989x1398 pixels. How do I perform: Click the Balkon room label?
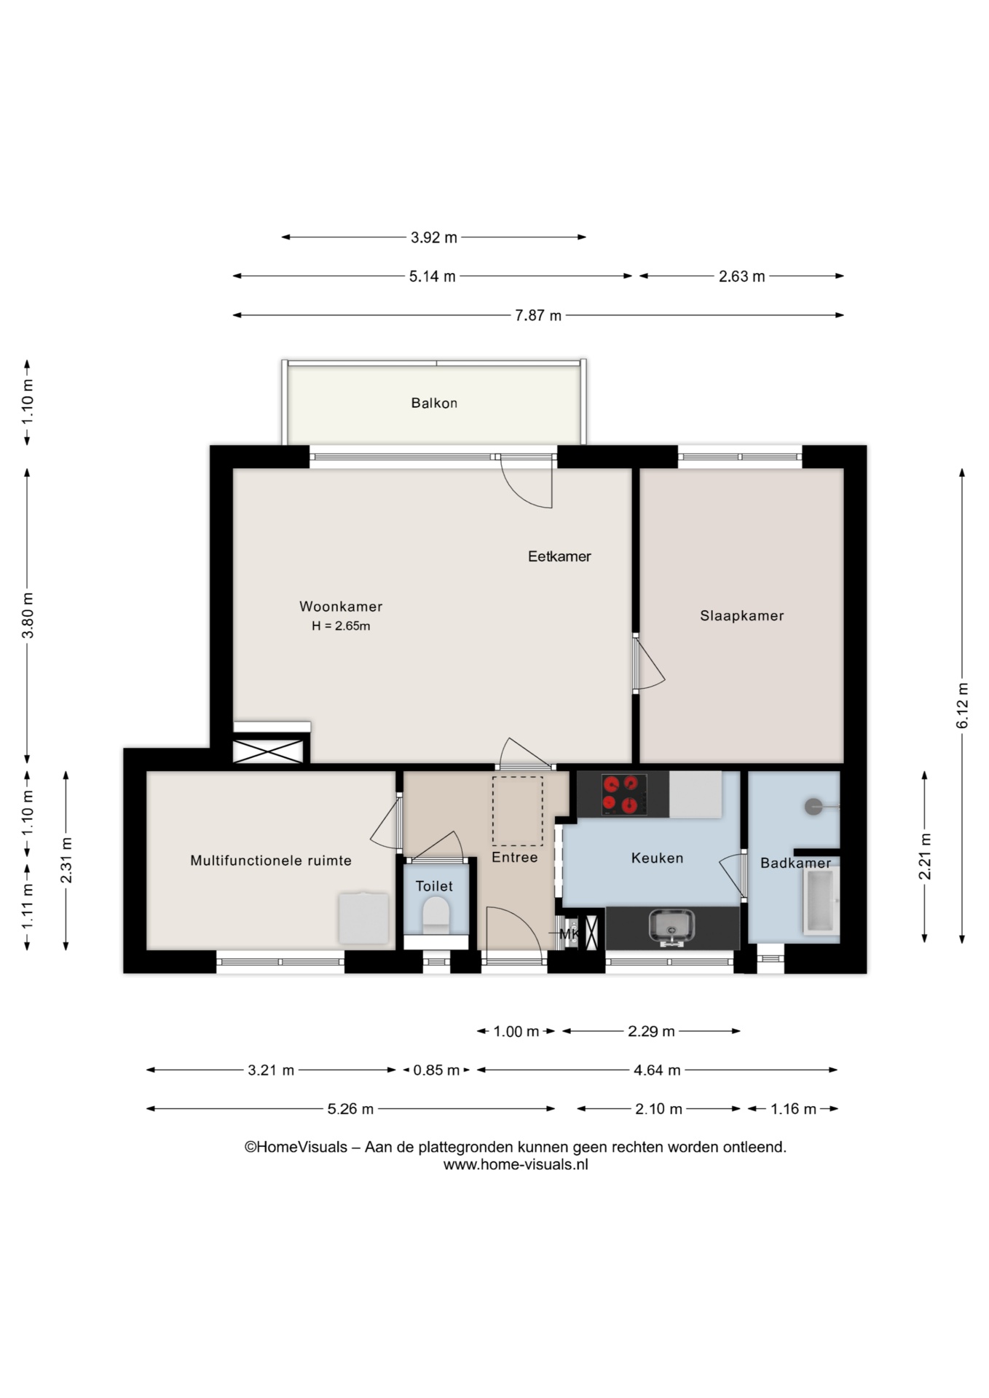pyautogui.click(x=434, y=403)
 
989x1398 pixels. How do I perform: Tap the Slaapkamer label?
pyautogui.click(x=742, y=616)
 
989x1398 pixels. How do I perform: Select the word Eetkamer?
pyautogui.click(x=559, y=556)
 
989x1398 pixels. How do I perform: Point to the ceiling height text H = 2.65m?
pyautogui.click(x=341, y=626)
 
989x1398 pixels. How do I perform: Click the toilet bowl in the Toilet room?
pyautogui.click(x=436, y=915)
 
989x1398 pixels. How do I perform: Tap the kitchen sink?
pyautogui.click(x=671, y=926)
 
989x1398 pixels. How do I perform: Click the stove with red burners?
pyautogui.click(x=624, y=794)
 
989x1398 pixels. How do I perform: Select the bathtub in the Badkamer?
pyautogui.click(x=821, y=901)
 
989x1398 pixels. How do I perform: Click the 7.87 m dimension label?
pyautogui.click(x=538, y=315)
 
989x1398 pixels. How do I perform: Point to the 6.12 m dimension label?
pyautogui.click(x=962, y=706)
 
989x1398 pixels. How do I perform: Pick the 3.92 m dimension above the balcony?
pyautogui.click(x=434, y=237)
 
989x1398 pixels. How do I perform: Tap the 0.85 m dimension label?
pyautogui.click(x=436, y=1070)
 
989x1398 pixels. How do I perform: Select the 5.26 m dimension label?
pyautogui.click(x=350, y=1109)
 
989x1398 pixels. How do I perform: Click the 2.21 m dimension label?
pyautogui.click(x=925, y=856)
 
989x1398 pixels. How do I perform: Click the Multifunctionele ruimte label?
pyautogui.click(x=271, y=861)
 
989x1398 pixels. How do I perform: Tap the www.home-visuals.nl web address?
pyautogui.click(x=516, y=1164)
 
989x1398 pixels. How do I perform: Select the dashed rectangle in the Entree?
pyautogui.click(x=518, y=811)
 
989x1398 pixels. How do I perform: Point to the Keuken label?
pyautogui.click(x=657, y=858)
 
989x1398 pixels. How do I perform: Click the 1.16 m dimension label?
pyautogui.click(x=794, y=1109)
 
